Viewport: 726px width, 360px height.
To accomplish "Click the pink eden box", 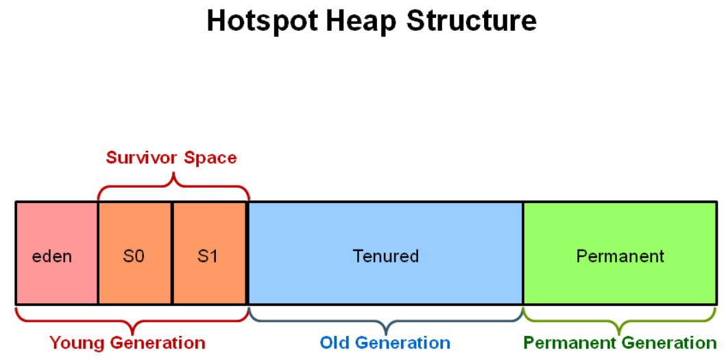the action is (x=57, y=253).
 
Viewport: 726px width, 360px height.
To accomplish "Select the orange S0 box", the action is (x=135, y=253).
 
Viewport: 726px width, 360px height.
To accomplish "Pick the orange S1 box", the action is (x=209, y=253).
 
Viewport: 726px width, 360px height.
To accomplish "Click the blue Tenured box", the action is (x=386, y=253).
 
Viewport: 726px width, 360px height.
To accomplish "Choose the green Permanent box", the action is (x=620, y=253).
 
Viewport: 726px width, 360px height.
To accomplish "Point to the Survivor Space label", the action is (x=171, y=158).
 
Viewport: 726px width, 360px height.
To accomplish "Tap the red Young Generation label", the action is (x=128, y=343).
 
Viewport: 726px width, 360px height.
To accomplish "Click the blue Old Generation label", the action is (x=385, y=343).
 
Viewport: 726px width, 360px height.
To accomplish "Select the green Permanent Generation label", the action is (x=620, y=343).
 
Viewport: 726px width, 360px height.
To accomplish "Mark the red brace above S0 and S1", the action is (x=173, y=178).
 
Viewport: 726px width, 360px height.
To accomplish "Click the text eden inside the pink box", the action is (x=52, y=256).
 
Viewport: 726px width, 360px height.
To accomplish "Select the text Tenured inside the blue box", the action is (x=386, y=256).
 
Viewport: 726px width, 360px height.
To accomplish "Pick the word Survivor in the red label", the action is (x=142, y=158).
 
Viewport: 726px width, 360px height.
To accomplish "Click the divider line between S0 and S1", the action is (x=172, y=253).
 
